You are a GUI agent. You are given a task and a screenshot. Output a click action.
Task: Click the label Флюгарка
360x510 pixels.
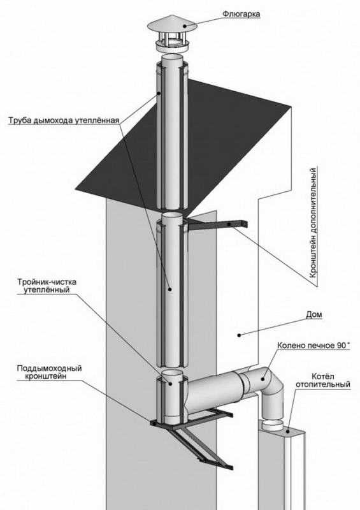(241, 14)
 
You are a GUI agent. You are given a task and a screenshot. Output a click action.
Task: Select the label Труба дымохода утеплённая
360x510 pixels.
(64, 120)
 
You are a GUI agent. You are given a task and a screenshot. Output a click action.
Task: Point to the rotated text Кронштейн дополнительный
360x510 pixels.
(313, 222)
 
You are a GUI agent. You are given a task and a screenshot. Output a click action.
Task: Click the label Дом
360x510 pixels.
(314, 314)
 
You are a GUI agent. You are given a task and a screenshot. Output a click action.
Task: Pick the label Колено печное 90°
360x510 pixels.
(313, 345)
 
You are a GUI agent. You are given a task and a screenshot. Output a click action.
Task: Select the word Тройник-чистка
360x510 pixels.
(47, 282)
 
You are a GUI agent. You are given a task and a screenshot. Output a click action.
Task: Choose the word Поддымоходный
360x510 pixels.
(49, 368)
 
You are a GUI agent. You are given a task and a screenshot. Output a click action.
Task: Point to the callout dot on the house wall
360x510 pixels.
(239, 335)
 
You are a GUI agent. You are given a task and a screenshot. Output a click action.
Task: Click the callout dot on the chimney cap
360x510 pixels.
(185, 25)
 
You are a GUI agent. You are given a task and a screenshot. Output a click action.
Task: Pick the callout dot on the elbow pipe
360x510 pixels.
(263, 379)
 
